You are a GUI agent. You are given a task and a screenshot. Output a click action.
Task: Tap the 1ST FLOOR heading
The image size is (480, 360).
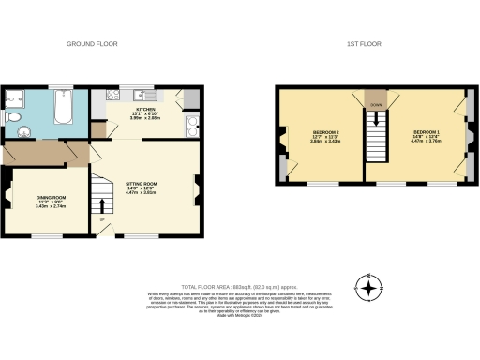(x=364, y=44)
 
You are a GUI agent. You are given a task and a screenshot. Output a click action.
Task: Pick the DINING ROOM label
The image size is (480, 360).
(x=51, y=201)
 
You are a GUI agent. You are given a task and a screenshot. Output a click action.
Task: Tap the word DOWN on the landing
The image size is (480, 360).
(x=375, y=105)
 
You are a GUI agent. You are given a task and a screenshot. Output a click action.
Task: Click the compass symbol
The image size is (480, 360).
(x=371, y=288)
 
